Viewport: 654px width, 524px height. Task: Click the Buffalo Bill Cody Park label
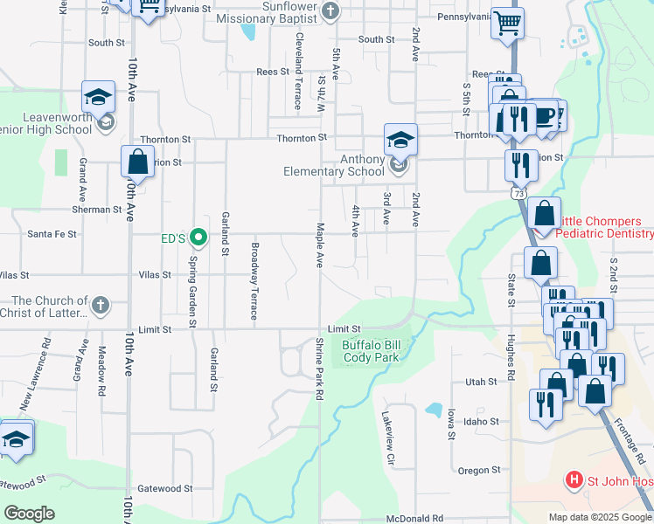pyautogui.click(x=370, y=351)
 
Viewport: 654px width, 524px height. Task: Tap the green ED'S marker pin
pyautogui.click(x=198, y=236)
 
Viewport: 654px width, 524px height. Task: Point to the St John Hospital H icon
pyautogui.click(x=574, y=479)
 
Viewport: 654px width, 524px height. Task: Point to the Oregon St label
pyautogui.click(x=478, y=471)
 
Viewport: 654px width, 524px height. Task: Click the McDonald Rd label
pyautogui.click(x=414, y=518)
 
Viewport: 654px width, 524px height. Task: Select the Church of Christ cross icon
pyautogui.click(x=101, y=306)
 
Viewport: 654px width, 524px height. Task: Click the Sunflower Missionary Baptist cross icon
pyautogui.click(x=330, y=11)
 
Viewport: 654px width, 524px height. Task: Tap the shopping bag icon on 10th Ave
pyautogui.click(x=138, y=162)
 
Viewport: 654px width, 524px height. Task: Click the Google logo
pyautogui.click(x=30, y=513)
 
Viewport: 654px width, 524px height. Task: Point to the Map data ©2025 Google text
pyautogui.click(x=599, y=517)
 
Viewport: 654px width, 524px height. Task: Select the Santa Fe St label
pyautogui.click(x=52, y=234)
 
